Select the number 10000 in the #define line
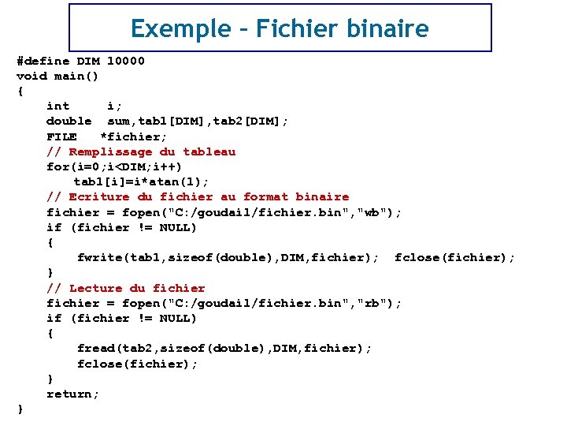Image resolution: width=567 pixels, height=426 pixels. tap(126, 61)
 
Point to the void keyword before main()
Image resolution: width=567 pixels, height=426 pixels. tap(31, 76)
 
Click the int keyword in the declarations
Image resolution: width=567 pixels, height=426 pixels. tap(57, 106)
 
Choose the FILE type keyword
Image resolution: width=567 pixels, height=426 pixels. tap(61, 136)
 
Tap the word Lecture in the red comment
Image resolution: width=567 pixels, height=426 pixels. tap(95, 288)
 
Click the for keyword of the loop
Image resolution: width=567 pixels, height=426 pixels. tap(57, 166)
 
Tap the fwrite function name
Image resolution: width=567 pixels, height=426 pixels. tap(99, 257)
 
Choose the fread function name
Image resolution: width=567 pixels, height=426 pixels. tap(95, 348)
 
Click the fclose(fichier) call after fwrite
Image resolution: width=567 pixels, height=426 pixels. tap(454, 257)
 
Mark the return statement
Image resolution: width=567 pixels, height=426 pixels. tap(72, 394)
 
